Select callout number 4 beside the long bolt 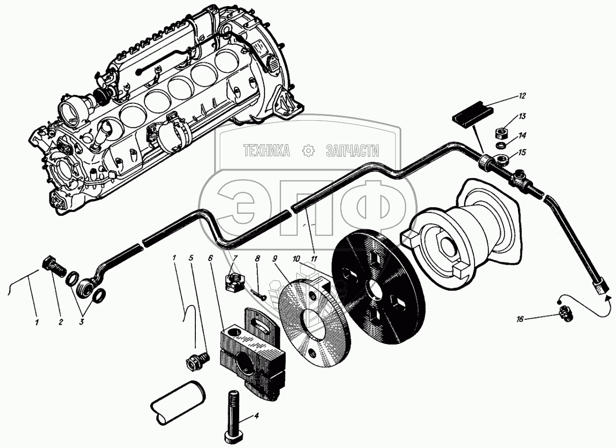click(x=256, y=416)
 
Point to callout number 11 click(x=314, y=258)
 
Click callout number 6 click(x=210, y=258)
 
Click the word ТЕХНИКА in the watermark click(x=266, y=150)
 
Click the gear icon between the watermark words click(x=307, y=150)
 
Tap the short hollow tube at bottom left click(x=178, y=402)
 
